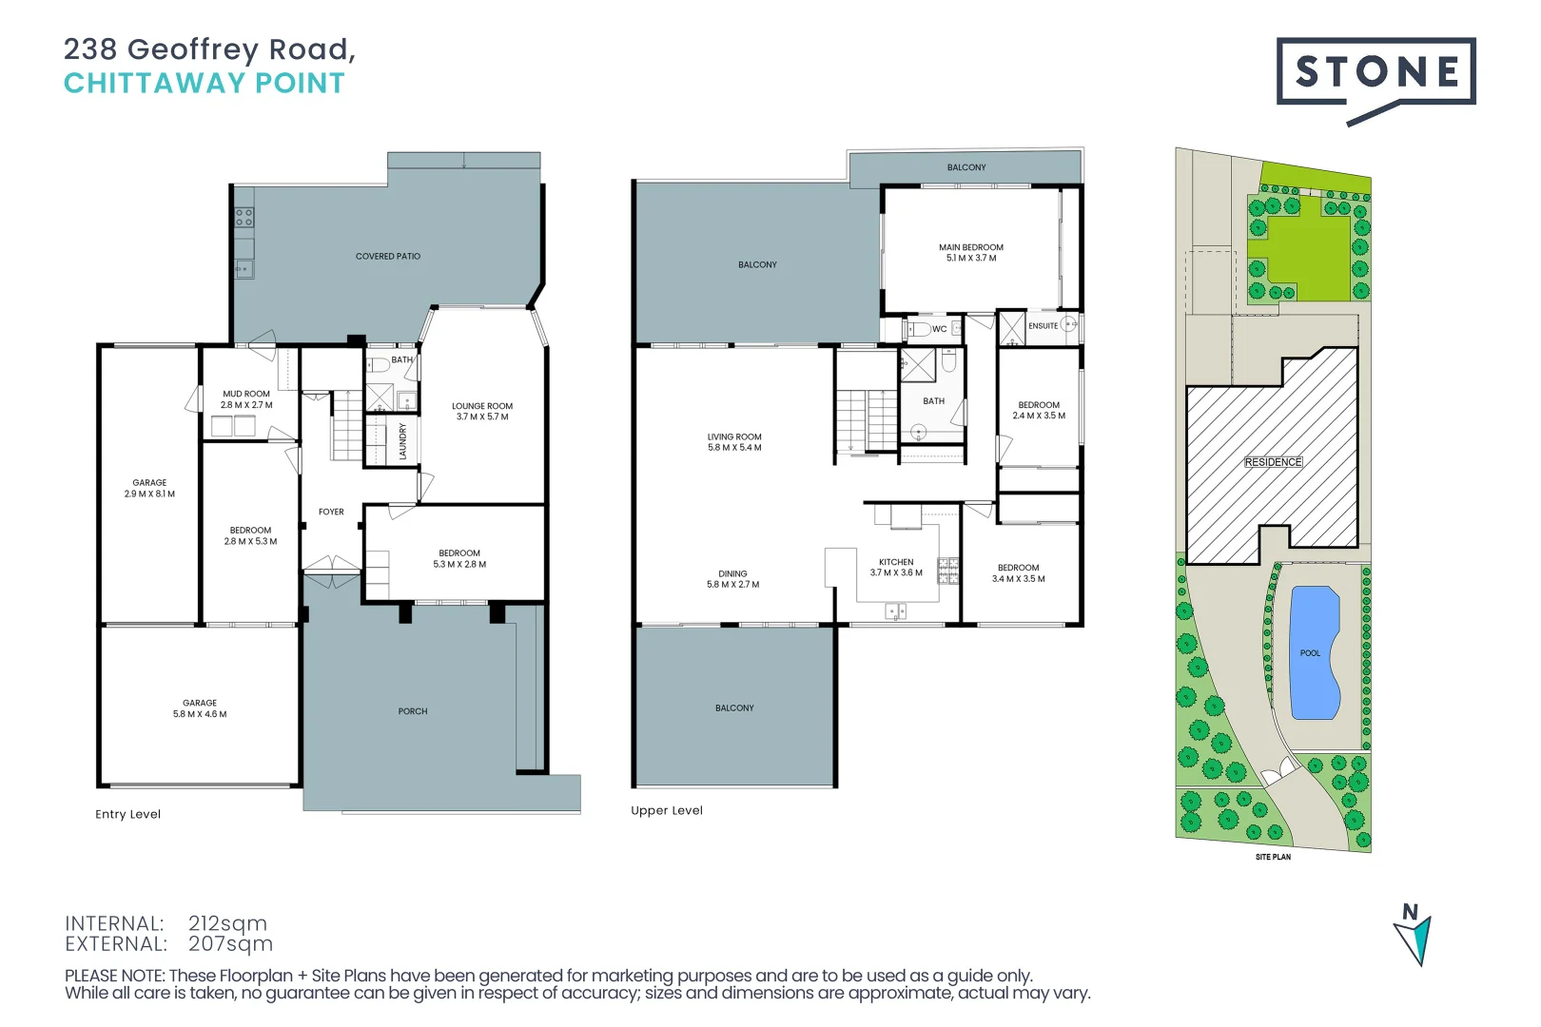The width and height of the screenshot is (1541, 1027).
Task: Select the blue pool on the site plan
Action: point(1314,654)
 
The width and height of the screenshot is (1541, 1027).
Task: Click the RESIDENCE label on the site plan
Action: point(1273,462)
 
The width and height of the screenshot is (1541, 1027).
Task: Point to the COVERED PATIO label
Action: point(387,257)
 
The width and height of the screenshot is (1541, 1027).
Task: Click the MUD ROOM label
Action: point(246,394)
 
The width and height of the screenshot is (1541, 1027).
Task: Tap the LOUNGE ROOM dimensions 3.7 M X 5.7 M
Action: point(482,417)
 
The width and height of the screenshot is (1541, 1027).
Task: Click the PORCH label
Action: point(413,711)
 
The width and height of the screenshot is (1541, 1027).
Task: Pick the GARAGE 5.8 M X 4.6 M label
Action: point(200,708)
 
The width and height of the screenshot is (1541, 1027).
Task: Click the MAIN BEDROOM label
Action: point(970,247)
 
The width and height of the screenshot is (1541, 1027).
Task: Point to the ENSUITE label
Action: point(1043,326)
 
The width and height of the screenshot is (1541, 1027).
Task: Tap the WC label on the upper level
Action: point(939,329)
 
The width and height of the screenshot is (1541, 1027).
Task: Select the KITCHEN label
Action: point(896,562)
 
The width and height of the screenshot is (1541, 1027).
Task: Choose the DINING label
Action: point(732,574)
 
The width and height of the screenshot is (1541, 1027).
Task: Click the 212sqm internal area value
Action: point(227,923)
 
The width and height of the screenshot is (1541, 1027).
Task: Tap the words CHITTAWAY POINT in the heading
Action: point(205,84)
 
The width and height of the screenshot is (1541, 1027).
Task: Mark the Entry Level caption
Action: point(127,814)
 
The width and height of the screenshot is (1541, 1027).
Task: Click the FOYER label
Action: point(331,512)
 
